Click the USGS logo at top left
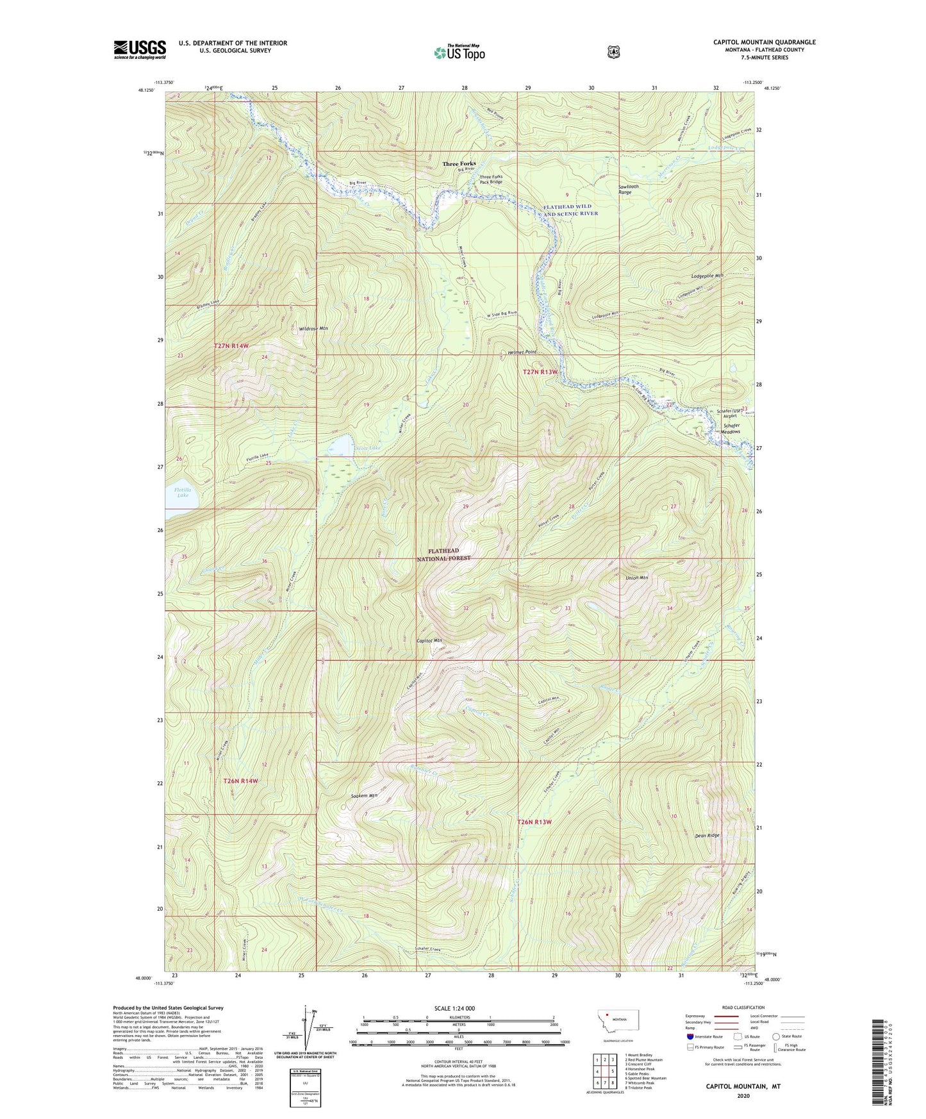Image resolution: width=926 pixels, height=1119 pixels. (140, 49)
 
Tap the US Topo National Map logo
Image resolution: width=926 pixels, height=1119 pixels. (458, 52)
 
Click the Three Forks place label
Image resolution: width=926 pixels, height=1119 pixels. (459, 164)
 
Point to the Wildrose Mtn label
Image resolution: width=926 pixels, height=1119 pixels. (313, 328)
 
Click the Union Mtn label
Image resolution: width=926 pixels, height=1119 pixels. (636, 577)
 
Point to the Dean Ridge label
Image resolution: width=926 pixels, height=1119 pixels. (707, 835)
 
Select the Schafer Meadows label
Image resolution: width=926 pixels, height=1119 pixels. (731, 428)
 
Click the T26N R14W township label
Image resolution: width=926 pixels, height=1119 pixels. (241, 781)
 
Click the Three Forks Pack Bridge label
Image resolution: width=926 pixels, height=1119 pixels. (492, 179)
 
